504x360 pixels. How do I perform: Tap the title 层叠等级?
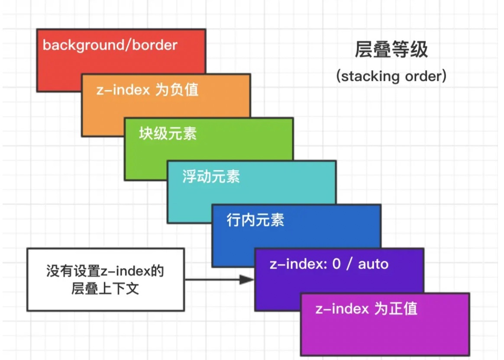coord(391,51)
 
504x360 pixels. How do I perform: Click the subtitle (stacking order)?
coord(391,77)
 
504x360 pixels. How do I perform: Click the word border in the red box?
coord(158,45)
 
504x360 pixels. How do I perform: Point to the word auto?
coord(373,264)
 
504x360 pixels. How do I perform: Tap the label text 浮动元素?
coord(211,177)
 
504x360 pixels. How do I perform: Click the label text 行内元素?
coord(255,220)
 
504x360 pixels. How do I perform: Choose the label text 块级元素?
coord(168,133)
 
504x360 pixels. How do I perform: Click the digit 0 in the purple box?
coord(336,264)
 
